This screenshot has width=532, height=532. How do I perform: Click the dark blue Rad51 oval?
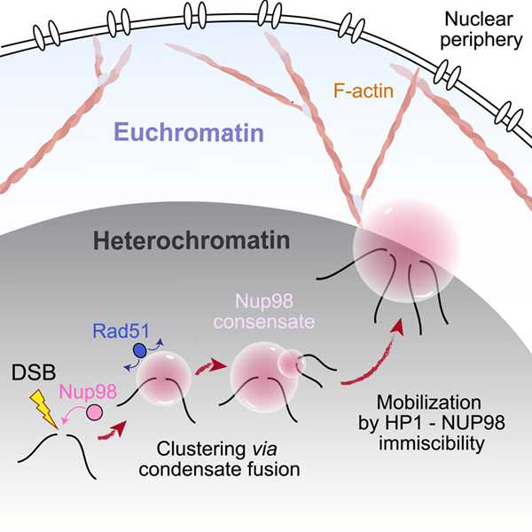point(139,350)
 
